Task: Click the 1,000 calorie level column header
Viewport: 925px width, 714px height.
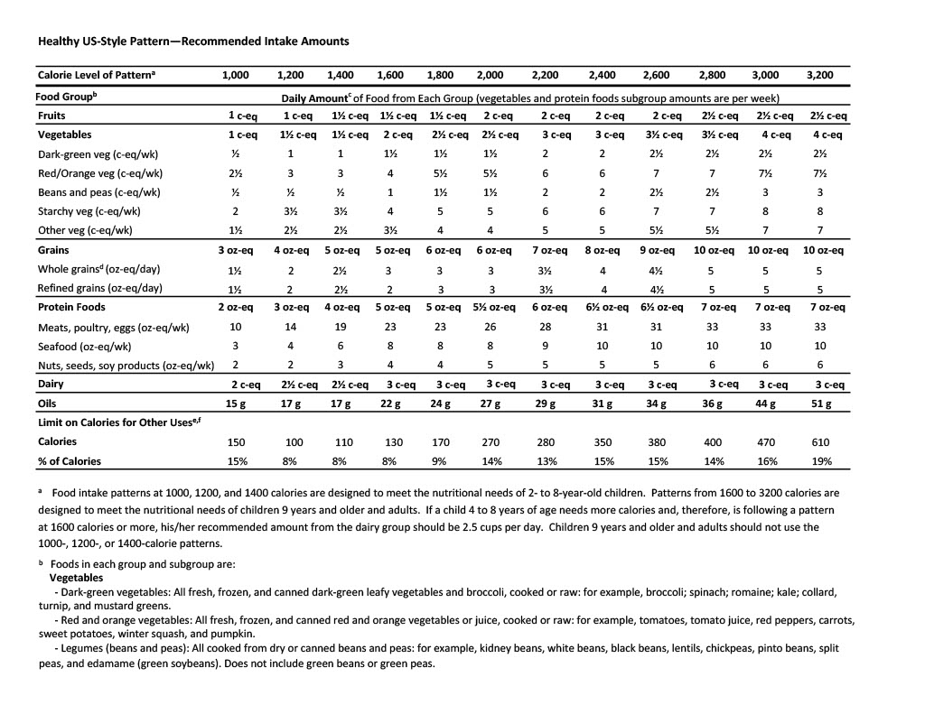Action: (x=235, y=75)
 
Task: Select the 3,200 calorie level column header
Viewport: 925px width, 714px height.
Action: (x=818, y=75)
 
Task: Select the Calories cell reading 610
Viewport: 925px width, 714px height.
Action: (x=820, y=442)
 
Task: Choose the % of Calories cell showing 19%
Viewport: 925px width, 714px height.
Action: (x=820, y=461)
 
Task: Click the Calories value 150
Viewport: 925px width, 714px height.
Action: (x=235, y=442)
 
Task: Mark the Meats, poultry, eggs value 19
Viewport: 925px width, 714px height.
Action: (x=341, y=327)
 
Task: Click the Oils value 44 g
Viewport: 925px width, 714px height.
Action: (x=766, y=403)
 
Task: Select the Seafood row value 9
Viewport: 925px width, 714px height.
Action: (x=545, y=346)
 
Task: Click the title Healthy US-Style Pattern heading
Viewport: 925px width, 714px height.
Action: (x=193, y=42)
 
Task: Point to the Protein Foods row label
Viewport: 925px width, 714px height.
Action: (x=71, y=307)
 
